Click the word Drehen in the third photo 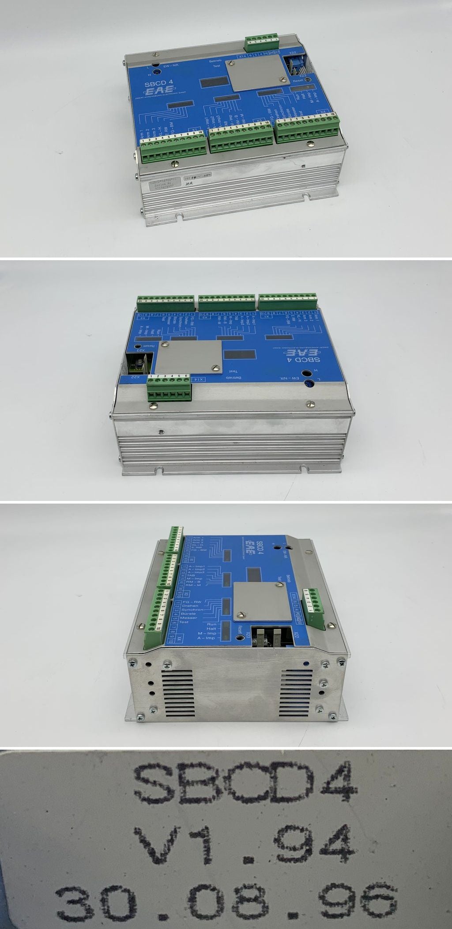click(197, 606)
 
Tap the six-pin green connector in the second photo click(169, 387)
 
